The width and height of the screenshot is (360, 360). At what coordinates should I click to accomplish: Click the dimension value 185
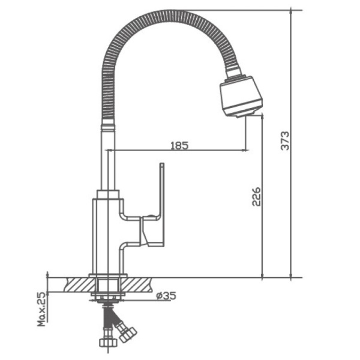pyautogui.click(x=179, y=145)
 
